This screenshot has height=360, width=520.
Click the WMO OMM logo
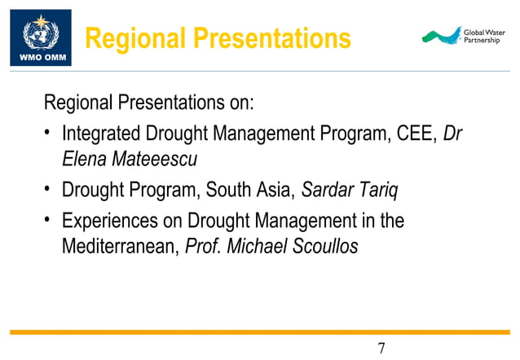point(40,37)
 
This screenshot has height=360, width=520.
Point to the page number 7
point(381,349)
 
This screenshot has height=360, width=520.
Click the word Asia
point(273,190)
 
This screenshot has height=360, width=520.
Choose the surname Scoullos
point(324,246)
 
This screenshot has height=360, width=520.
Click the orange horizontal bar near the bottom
point(260,331)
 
